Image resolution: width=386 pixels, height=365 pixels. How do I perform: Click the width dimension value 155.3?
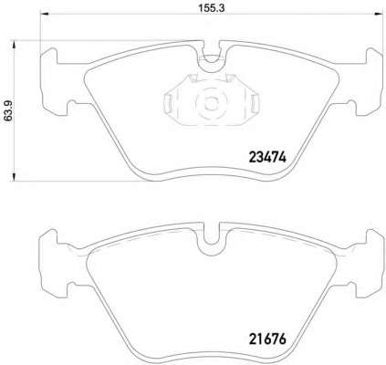pos(212,8)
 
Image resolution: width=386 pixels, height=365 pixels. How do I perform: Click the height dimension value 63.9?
pos(8,110)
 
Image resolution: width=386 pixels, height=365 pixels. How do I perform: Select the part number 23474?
pos(267,157)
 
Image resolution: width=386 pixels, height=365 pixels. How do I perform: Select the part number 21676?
pos(267,339)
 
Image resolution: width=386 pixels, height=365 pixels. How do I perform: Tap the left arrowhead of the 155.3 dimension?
pos(45,14)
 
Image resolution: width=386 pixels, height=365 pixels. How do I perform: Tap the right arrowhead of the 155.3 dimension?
pos(379,14)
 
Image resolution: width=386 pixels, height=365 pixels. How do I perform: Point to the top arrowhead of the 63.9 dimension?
pos(14,45)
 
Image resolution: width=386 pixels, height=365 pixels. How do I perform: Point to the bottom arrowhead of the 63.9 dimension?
pos(14,177)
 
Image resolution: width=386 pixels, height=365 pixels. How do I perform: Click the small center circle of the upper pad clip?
pos(209,102)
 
